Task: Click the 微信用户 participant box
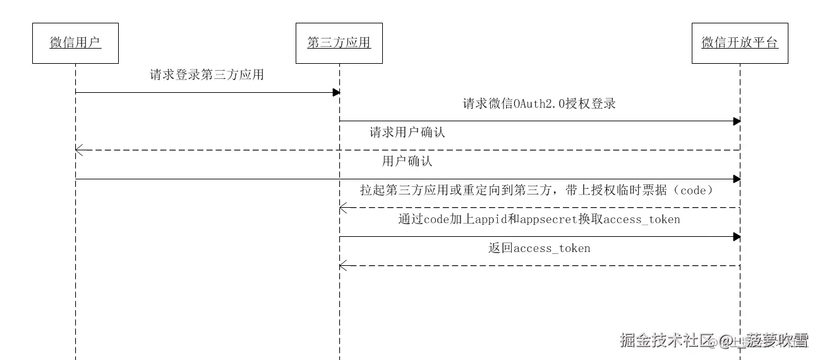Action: pyautogui.click(x=75, y=43)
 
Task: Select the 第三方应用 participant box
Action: pyautogui.click(x=339, y=43)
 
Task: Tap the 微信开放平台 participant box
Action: pyautogui.click(x=740, y=43)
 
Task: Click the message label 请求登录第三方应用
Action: pyautogui.click(x=207, y=75)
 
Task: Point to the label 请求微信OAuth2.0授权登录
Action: pyautogui.click(x=540, y=104)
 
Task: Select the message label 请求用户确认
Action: pyautogui.click(x=407, y=133)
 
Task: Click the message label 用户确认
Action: pyautogui.click(x=407, y=161)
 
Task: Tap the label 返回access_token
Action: pyautogui.click(x=540, y=248)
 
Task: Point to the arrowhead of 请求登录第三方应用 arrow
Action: pyautogui.click(x=337, y=92)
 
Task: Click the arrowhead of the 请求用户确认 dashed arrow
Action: pyautogui.click(x=78, y=150)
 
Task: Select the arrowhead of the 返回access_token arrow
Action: pyautogui.click(x=343, y=265)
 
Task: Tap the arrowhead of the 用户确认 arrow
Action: pyautogui.click(x=737, y=179)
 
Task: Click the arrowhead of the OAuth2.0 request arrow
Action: pyautogui.click(x=737, y=121)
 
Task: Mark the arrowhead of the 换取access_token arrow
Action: pyautogui.click(x=737, y=236)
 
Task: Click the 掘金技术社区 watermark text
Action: pyautogui.click(x=661, y=340)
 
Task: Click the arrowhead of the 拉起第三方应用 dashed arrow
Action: pyautogui.click(x=343, y=207)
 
